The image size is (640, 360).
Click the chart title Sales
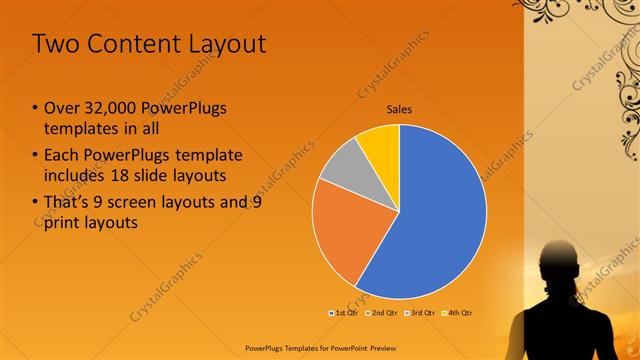pyautogui.click(x=399, y=110)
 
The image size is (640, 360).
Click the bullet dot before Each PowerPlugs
pyautogui.click(x=35, y=155)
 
